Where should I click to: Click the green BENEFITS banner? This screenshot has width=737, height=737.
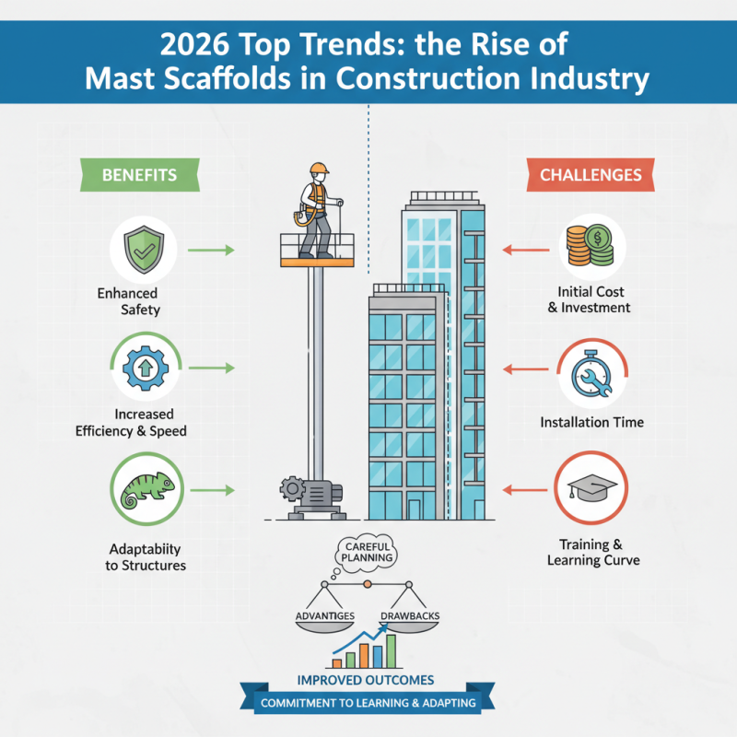click(x=140, y=173)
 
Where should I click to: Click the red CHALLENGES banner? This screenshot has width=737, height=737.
click(x=591, y=174)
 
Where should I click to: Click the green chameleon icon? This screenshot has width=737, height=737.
click(x=143, y=489)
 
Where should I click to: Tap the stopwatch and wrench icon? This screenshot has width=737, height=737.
click(x=591, y=373)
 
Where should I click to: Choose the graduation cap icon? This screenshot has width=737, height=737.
click(x=591, y=489)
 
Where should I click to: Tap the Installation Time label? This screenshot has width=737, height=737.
click(x=591, y=422)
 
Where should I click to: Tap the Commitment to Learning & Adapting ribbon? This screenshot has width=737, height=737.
click(x=368, y=704)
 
